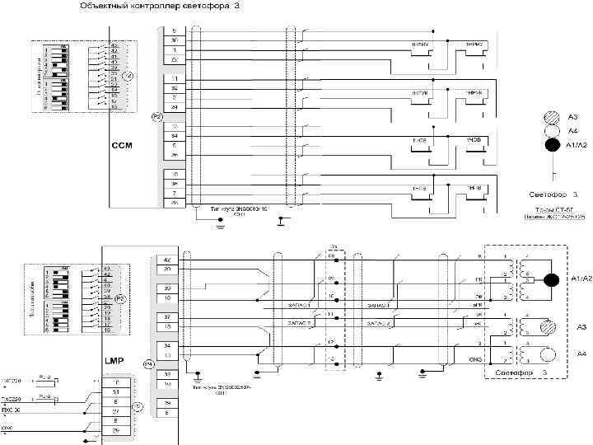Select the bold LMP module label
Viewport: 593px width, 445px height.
pyautogui.click(x=114, y=361)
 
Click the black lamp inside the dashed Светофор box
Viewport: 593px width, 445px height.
pyautogui.click(x=550, y=279)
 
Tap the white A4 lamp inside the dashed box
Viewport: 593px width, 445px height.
pyautogui.click(x=547, y=354)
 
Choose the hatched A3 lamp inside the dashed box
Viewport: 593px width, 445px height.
pyautogui.click(x=547, y=327)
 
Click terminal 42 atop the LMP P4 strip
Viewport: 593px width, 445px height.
pyautogui.click(x=167, y=260)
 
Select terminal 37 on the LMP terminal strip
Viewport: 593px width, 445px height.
pyautogui.click(x=167, y=316)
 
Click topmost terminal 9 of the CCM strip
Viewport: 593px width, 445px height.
pyautogui.click(x=175, y=30)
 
